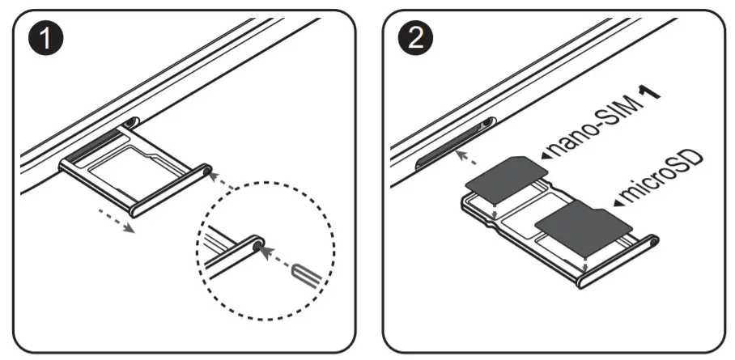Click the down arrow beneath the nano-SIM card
point(495,213)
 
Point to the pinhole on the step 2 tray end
point(652,239)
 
